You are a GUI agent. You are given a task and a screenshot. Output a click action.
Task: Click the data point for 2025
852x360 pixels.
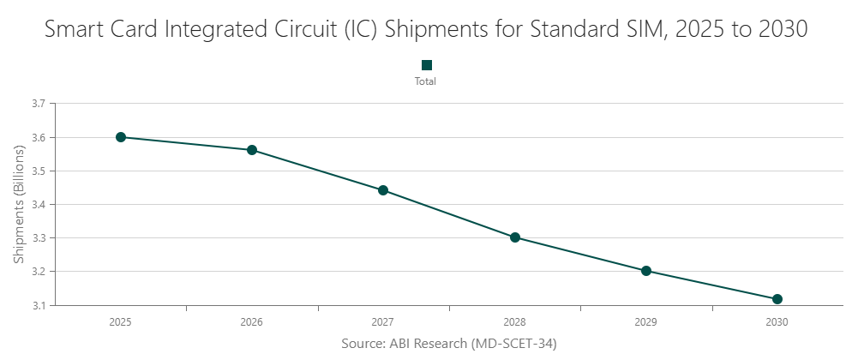121,137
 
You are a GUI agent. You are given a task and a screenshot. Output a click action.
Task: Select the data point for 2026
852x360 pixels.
252,150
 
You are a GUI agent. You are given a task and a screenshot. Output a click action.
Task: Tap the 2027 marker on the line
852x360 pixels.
383,190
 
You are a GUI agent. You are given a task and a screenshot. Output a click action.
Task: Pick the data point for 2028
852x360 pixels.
515,237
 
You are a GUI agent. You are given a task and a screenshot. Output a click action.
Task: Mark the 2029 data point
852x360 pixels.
646,271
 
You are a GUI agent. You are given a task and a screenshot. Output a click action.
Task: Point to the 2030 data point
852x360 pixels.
777,299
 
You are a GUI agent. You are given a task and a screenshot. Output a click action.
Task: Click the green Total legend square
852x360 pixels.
426,65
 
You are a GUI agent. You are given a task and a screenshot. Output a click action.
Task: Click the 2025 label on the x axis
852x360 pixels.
121,323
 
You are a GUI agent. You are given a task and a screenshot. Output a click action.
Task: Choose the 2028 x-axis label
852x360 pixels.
515,323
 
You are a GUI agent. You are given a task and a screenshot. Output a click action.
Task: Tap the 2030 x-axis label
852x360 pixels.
777,323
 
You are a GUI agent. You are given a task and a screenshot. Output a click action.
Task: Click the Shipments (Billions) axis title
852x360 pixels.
19,204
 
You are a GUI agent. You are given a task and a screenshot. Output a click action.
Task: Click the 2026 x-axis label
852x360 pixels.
252,323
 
